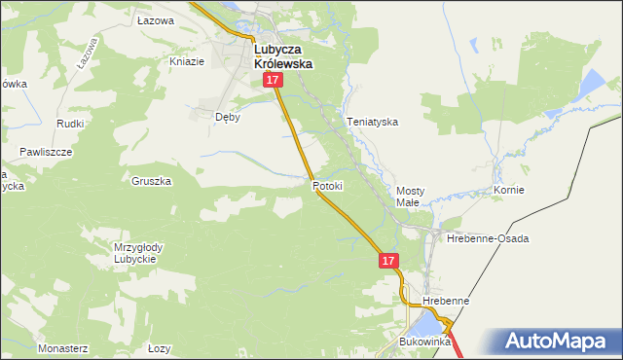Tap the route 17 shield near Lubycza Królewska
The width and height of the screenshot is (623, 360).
click(272, 85)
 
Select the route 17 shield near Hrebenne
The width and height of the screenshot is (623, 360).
click(388, 261)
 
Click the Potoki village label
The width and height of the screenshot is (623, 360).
click(328, 186)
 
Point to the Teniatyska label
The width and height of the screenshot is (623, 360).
click(374, 123)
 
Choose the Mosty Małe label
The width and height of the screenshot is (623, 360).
click(408, 197)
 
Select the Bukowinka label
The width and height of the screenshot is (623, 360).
click(425, 342)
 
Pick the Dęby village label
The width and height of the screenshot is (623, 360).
click(227, 117)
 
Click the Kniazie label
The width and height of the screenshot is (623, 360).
click(187, 61)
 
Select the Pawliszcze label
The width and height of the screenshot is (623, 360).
click(46, 153)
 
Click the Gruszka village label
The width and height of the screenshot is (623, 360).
click(151, 181)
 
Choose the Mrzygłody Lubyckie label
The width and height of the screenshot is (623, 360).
click(138, 253)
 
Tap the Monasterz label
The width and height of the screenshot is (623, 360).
click(63, 347)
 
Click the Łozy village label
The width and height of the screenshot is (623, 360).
click(159, 347)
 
